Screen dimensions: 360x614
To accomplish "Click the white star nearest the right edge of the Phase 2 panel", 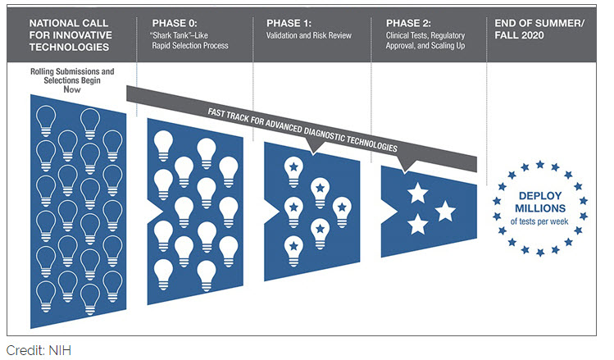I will coord(445,212).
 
